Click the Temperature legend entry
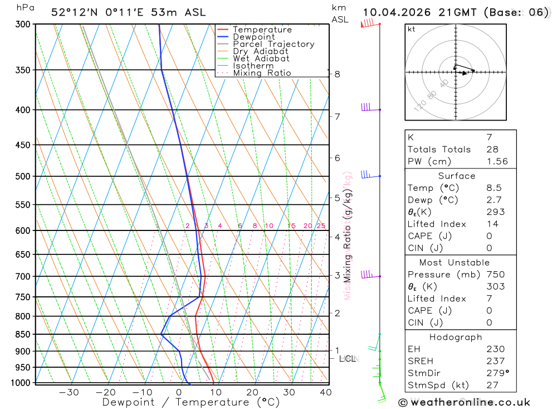tap(262, 30)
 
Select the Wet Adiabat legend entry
tap(261, 59)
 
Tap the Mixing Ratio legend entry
tap(262, 73)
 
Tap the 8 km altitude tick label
tap(337, 74)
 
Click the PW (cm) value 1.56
tap(497, 161)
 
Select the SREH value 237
tap(495, 361)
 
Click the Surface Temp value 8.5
tap(494, 188)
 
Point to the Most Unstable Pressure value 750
tap(495, 275)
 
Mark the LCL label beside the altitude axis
tap(348, 358)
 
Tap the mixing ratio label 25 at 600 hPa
tap(321, 226)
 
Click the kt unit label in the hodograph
tap(412, 29)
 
